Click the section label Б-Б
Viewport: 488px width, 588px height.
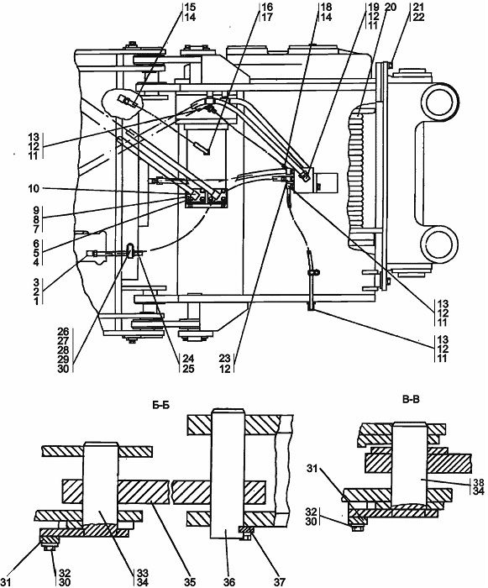pos(160,405)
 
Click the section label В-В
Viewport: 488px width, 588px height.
pos(411,400)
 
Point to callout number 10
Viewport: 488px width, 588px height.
pos(34,188)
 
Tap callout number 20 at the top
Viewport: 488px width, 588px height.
pos(391,7)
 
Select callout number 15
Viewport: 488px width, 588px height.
pos(190,7)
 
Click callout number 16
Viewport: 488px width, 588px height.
pos(267,7)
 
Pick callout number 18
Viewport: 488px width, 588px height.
pos(327,7)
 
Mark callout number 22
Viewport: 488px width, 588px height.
pos(418,17)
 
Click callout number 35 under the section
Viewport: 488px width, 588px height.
pos(190,581)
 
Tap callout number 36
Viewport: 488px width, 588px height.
pos(229,581)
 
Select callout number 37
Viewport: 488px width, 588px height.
pos(279,581)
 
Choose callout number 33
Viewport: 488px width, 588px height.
pos(143,573)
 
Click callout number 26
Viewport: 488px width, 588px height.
pos(63,332)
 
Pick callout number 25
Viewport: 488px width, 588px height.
pos(188,369)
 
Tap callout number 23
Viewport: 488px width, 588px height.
pos(225,359)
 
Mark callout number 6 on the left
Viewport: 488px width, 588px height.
pos(36,244)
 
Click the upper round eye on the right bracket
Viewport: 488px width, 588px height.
pos(440,101)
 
